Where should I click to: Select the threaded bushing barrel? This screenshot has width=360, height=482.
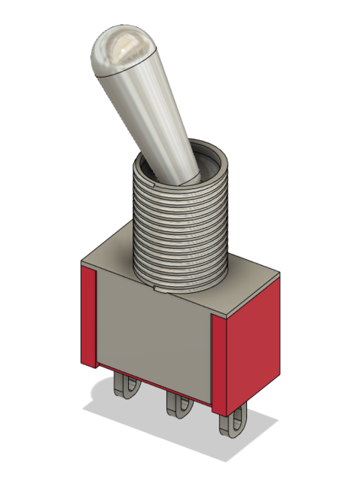181,233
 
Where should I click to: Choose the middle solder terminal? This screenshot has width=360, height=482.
178,407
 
